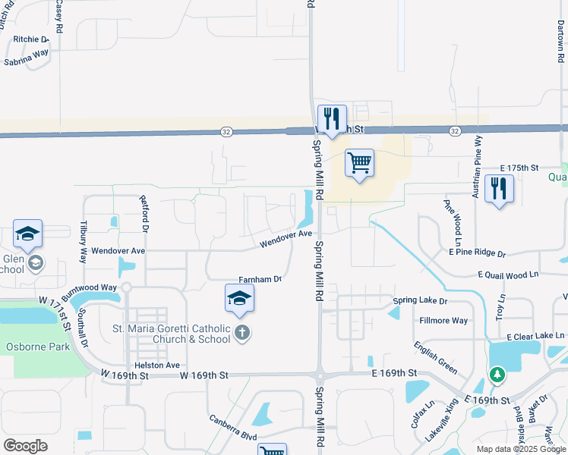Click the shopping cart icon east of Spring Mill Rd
point(359,163)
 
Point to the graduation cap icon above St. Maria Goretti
point(239,298)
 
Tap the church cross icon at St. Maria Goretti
point(242,332)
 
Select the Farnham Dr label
point(260,279)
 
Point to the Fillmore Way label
point(443,321)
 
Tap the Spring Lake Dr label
point(420,301)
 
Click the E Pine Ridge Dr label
point(476,252)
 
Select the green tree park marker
point(497,375)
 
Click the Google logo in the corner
point(25,445)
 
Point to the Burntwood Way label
point(90,288)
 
